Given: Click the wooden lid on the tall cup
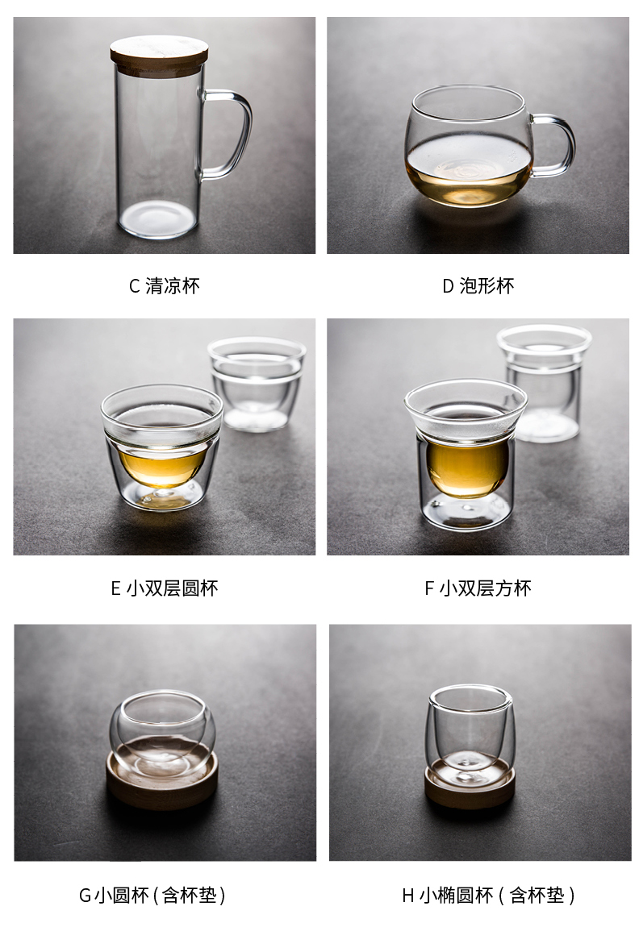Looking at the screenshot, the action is (x=159, y=53).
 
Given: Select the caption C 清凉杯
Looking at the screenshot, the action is (x=165, y=286).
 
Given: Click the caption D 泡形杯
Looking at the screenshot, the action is (x=478, y=286).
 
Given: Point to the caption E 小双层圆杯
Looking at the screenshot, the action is (x=165, y=588).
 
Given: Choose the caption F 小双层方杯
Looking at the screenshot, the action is (x=478, y=588).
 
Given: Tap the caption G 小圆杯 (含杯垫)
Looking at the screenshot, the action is (x=152, y=895).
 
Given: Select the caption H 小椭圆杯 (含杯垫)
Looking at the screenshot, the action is (x=489, y=895).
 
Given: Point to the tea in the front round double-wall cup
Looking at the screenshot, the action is (x=163, y=464).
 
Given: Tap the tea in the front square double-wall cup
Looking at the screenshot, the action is (x=467, y=467).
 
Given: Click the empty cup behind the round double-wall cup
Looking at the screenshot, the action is (x=257, y=385).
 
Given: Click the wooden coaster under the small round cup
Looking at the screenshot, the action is (x=161, y=780).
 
